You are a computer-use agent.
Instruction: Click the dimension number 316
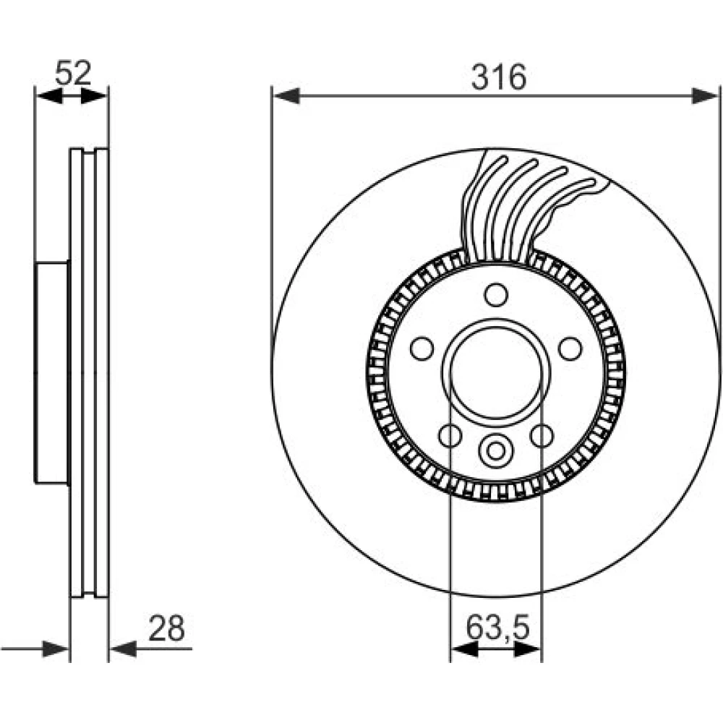(x=498, y=77)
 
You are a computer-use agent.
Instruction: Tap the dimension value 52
(x=73, y=72)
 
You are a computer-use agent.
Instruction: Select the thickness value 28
(x=166, y=628)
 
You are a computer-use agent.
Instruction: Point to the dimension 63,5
(x=497, y=627)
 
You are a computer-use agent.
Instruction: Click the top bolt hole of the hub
(x=496, y=295)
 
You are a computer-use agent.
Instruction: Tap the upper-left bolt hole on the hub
(x=422, y=348)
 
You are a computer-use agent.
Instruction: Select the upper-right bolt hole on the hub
(x=570, y=348)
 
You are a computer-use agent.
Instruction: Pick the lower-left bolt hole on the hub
(x=450, y=435)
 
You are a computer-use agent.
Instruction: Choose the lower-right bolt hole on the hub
(x=542, y=435)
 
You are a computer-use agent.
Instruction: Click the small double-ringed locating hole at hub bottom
(x=496, y=450)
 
